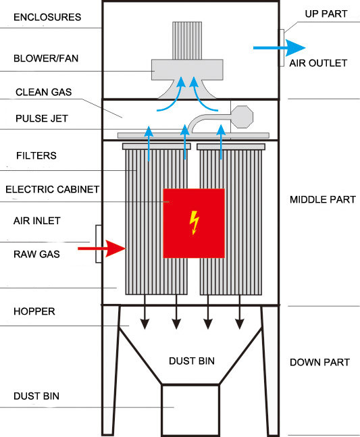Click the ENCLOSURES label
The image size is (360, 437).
(47, 18)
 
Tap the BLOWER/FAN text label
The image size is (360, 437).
(46, 59)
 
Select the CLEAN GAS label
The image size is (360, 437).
(43, 93)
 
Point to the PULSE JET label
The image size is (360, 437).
(42, 118)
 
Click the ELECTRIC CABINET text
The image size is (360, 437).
(53, 190)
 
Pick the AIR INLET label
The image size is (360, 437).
(36, 221)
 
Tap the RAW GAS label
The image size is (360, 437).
(36, 254)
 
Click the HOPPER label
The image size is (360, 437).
(34, 311)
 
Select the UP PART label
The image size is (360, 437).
(326, 14)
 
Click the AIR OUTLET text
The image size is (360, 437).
(318, 63)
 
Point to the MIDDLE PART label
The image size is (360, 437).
(323, 199)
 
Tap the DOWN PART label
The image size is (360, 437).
(319, 362)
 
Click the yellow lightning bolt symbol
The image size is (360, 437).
(195, 222)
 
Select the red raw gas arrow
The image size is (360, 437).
(102, 249)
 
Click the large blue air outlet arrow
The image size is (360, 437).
(279, 48)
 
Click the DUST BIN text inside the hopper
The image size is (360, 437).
(192, 361)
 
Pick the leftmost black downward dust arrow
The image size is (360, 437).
(145, 311)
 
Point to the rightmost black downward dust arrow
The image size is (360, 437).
(240, 311)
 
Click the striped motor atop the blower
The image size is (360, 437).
(187, 41)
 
